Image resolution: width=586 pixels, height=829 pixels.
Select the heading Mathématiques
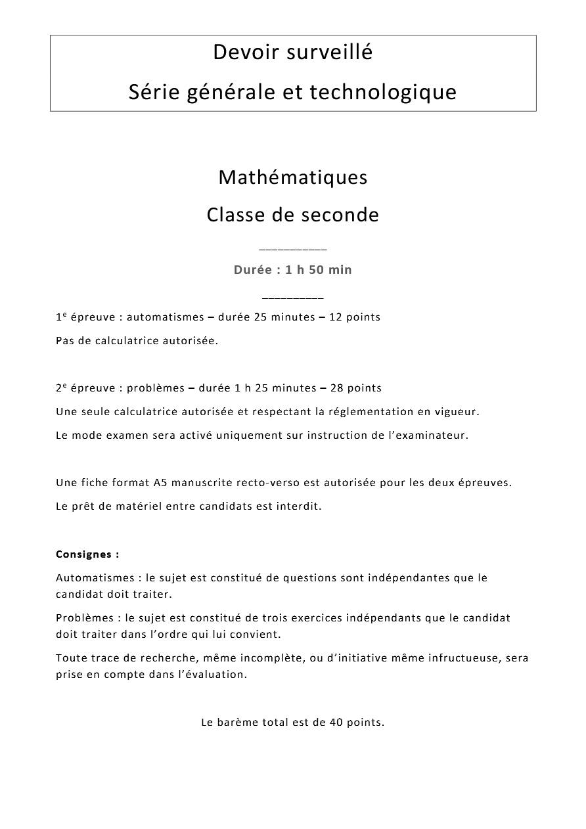[293, 177]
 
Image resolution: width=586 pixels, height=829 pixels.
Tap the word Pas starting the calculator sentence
[64, 341]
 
